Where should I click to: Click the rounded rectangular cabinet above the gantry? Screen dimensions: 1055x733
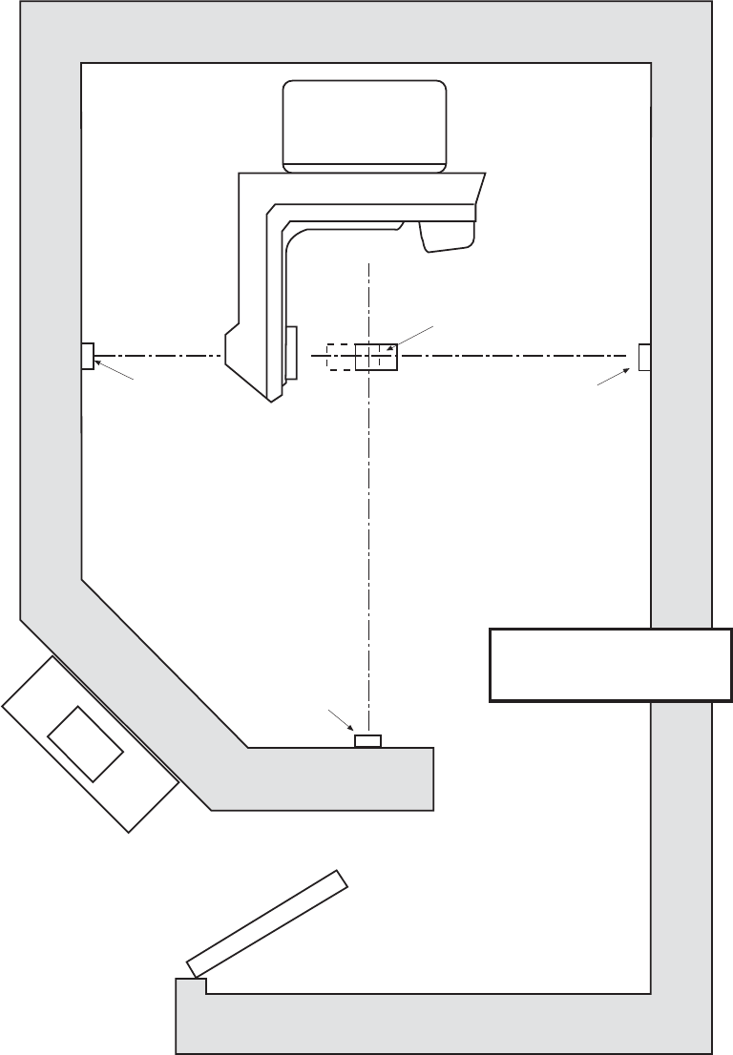(x=365, y=125)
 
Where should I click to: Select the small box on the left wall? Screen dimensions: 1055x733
(x=87, y=356)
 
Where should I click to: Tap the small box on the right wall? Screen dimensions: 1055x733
(x=644, y=356)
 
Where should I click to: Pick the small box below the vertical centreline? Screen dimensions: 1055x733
(x=367, y=741)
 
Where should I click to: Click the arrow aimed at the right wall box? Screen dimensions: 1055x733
(x=612, y=378)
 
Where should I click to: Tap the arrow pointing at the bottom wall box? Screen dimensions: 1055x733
(x=340, y=721)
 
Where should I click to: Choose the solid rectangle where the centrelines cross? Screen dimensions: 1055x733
(x=375, y=356)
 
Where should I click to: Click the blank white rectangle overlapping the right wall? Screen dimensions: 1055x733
(x=610, y=665)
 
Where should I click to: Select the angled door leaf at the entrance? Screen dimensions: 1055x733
(x=266, y=922)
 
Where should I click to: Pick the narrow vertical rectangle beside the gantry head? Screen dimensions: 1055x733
(x=292, y=352)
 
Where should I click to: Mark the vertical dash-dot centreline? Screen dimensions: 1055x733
(x=368, y=534)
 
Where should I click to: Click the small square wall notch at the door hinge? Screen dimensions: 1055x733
(x=188, y=987)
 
